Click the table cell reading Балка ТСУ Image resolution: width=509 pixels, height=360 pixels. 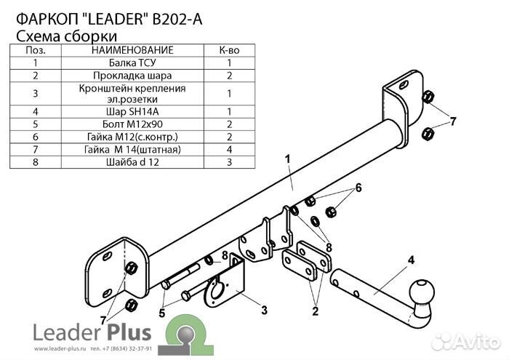point(132,63)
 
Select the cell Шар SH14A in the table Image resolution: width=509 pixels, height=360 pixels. point(132,112)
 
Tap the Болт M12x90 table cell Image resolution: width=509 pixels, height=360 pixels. point(132,124)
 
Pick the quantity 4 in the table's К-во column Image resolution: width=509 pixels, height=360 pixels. point(229,150)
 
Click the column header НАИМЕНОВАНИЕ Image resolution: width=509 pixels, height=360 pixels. point(132,50)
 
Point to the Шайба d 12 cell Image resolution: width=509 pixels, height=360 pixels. point(132,162)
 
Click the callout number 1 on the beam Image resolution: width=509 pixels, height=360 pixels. point(288,159)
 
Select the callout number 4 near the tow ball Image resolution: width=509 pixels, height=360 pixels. point(411,260)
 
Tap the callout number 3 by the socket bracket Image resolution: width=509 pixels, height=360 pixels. point(265,310)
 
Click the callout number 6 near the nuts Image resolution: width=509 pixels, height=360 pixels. point(358,188)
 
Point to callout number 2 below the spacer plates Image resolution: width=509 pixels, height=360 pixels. point(315,311)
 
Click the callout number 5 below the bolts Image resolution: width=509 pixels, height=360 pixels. point(162,313)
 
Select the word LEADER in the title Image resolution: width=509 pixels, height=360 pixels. point(116,20)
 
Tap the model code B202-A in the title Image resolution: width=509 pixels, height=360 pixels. point(177,20)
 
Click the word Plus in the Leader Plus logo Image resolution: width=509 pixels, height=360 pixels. point(129,332)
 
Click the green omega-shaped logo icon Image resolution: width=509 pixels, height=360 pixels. point(185,335)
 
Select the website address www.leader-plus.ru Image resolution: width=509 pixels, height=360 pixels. point(60,349)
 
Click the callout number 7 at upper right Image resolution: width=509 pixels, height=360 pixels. point(452,121)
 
